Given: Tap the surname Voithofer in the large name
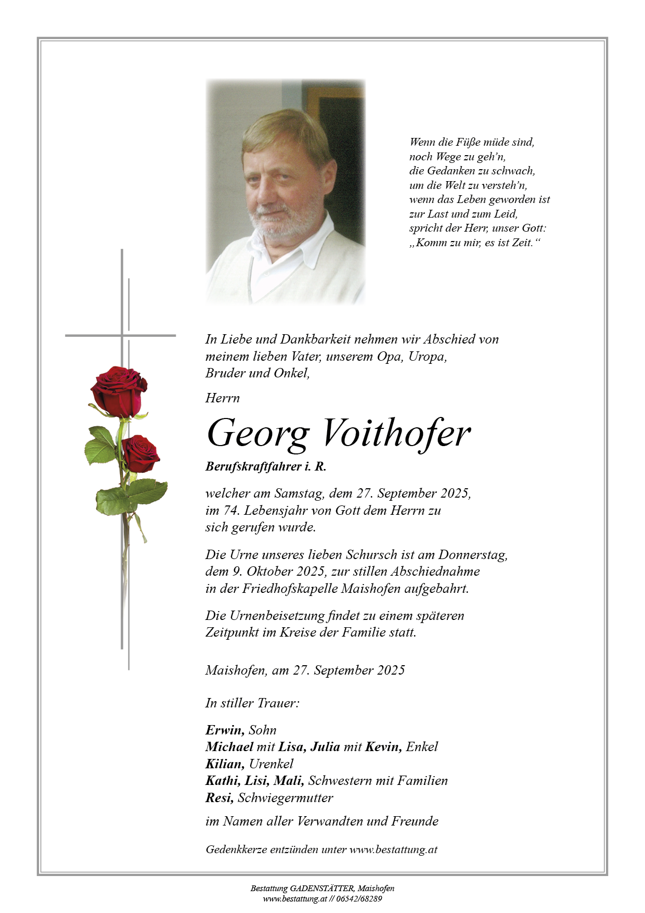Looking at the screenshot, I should point(396,433).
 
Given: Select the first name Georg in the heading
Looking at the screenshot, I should point(258,434).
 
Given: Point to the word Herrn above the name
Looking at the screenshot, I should point(223,398).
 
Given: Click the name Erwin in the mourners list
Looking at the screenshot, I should point(225,730).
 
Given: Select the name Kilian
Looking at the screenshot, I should point(225,764).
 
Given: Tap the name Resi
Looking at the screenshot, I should point(219,797).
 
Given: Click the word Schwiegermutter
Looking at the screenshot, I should point(286,797).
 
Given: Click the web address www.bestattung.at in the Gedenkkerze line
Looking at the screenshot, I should point(393,849).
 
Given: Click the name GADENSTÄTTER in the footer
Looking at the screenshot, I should point(322,889).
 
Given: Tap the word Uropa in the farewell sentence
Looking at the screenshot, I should point(428,357).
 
